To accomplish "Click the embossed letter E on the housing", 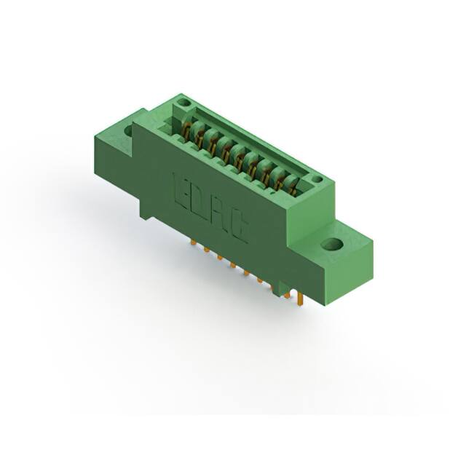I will pos(181,191).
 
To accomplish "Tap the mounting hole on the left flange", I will pos(130,130).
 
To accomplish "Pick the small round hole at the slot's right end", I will pos(315,179).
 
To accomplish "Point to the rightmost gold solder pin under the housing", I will pos(299,297).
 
